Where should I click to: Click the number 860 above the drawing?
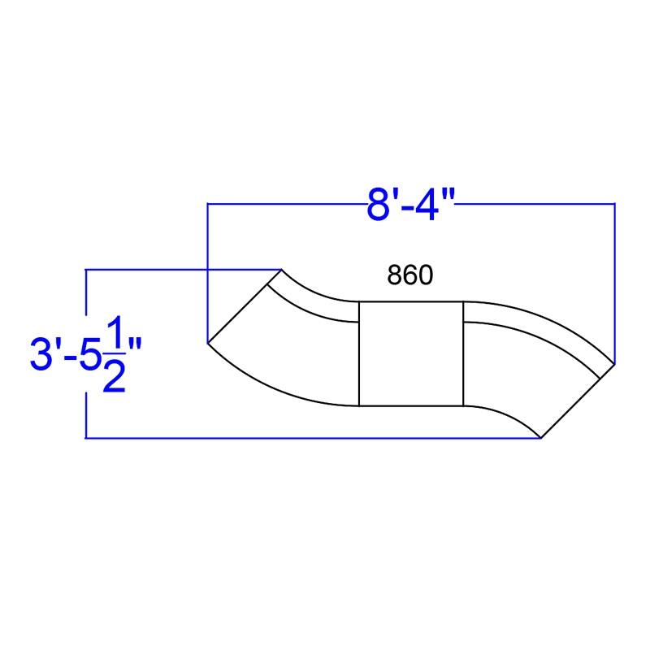click(409, 276)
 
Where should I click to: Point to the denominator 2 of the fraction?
click(114, 375)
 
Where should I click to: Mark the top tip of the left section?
click(281, 269)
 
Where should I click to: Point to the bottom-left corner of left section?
click(209, 342)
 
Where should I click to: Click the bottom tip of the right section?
click(541, 438)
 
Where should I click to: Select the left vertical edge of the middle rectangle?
click(359, 353)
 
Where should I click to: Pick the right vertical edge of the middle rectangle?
click(463, 353)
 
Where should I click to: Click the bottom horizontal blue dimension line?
click(309, 439)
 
